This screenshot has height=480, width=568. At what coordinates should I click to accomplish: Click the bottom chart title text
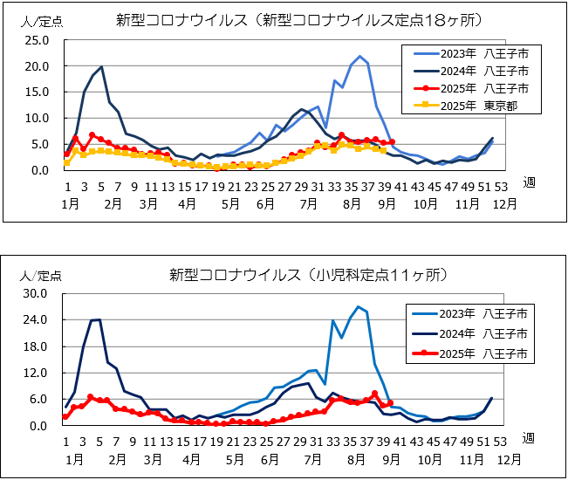309,275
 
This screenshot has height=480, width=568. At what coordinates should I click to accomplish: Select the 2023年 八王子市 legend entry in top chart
470,54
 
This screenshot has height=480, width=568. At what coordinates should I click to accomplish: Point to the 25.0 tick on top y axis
39,40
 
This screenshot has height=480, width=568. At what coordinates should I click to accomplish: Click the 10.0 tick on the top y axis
39,119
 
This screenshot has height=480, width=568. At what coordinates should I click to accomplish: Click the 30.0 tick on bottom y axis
39,294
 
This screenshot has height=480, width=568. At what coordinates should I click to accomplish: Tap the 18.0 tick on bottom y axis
39,346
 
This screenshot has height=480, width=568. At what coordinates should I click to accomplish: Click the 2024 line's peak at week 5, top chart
101,66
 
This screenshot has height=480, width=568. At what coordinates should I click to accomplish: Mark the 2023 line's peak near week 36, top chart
359,57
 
